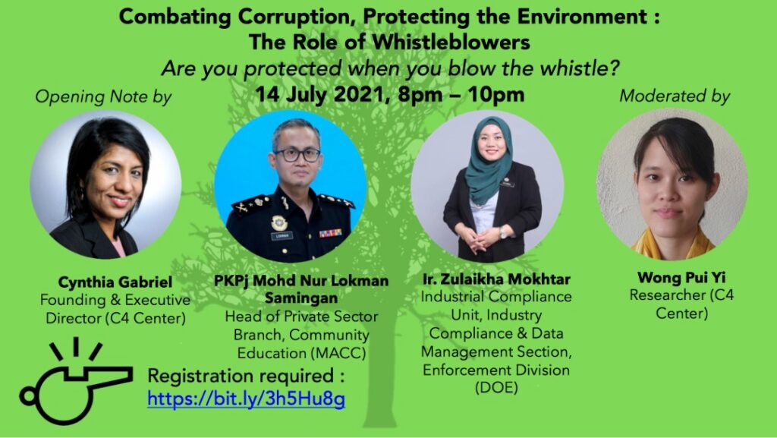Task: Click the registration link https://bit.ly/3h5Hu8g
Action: pyautogui.click(x=247, y=399)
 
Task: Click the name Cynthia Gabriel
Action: pyautogui.click(x=115, y=282)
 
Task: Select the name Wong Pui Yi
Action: pyautogui.click(x=681, y=277)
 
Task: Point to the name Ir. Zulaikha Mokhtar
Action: pyautogui.click(x=496, y=279)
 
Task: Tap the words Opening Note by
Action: pyautogui.click(x=103, y=96)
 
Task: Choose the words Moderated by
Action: pyautogui.click(x=675, y=96)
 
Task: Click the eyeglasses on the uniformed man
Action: pyautogui.click(x=297, y=155)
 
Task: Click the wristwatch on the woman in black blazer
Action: pyautogui.click(x=503, y=232)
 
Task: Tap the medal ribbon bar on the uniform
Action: pyautogui.click(x=331, y=233)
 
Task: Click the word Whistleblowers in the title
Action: pyautogui.click(x=451, y=42)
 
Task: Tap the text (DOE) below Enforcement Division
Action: pyautogui.click(x=496, y=387)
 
